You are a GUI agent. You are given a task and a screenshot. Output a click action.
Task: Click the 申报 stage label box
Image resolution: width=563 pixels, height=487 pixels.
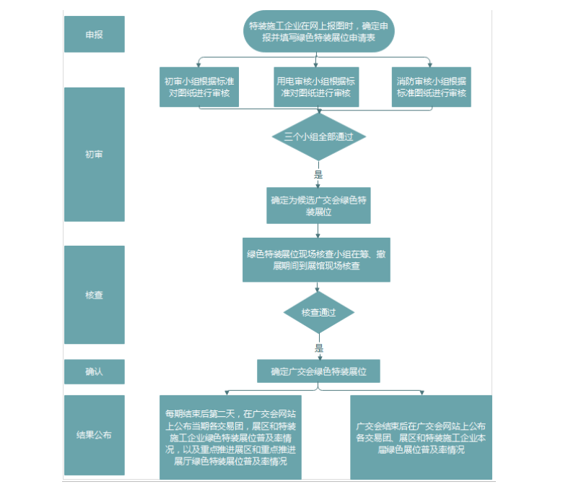pyautogui.click(x=94, y=34)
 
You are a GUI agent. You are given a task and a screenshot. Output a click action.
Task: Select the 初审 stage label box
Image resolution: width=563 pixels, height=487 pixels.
pyautogui.click(x=94, y=154)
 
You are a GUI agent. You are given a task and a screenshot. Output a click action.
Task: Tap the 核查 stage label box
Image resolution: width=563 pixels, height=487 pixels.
pyautogui.click(x=94, y=295)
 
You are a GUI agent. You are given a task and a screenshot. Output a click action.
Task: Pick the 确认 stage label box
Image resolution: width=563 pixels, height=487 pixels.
pyautogui.click(x=94, y=371)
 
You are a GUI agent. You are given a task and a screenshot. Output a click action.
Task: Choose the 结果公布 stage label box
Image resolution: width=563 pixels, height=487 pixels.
pyautogui.click(x=94, y=435)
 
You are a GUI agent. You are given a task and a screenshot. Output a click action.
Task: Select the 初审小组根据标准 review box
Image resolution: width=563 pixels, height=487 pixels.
pyautogui.click(x=198, y=87)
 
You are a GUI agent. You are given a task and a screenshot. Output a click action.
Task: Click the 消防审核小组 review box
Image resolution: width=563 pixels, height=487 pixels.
pyautogui.click(x=432, y=87)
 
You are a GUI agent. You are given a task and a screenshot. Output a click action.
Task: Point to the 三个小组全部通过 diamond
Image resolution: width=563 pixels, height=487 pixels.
pyautogui.click(x=318, y=137)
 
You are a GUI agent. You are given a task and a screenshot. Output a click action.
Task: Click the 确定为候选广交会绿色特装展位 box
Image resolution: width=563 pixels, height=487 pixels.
pyautogui.click(x=318, y=206)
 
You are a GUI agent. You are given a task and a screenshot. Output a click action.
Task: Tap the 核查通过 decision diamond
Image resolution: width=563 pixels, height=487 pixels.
pyautogui.click(x=318, y=313)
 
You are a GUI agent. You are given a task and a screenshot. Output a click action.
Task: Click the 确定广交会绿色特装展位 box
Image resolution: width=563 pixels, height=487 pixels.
pyautogui.click(x=318, y=371)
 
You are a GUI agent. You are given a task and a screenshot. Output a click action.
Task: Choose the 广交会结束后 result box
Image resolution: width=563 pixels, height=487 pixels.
pyautogui.click(x=421, y=437)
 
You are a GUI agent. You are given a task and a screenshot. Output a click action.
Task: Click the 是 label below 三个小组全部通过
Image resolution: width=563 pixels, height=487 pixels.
pyautogui.click(x=318, y=174)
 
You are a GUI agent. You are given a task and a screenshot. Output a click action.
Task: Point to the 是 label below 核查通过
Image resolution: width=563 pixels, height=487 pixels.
pyautogui.click(x=318, y=348)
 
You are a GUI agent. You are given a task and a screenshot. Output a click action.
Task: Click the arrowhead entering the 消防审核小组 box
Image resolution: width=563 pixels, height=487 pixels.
pyautogui.click(x=432, y=64)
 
